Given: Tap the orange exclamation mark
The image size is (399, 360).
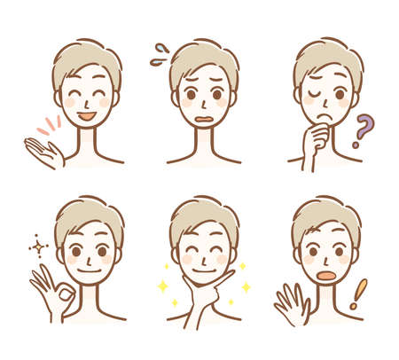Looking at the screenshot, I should (358, 293).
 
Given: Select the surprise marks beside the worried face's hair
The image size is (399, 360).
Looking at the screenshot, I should (159, 55).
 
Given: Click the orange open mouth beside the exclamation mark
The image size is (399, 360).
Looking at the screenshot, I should (326, 276).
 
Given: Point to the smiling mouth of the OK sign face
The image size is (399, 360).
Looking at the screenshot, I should (89, 270).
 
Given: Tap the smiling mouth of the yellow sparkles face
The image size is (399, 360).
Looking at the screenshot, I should (203, 271).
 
